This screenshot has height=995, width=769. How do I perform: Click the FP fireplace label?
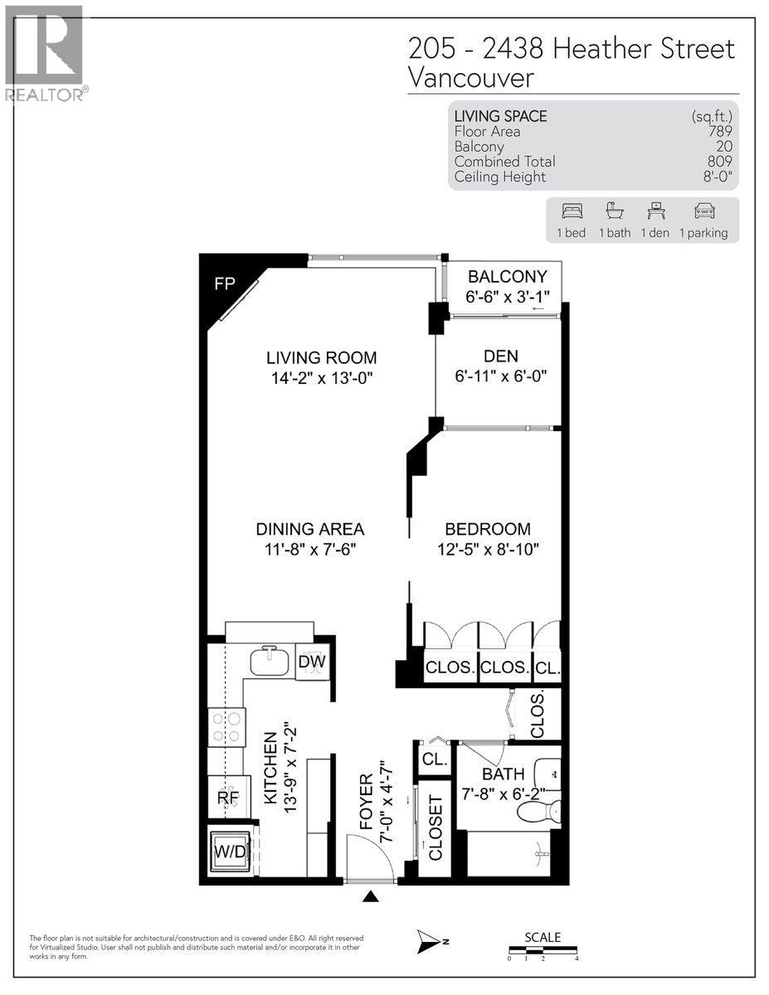[x=225, y=284]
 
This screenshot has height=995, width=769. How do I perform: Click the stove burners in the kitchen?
[x=226, y=727]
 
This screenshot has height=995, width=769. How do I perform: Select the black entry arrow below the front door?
[x=371, y=896]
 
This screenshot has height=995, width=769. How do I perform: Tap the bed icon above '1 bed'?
[x=571, y=211]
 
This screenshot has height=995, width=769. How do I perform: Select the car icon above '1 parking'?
[x=704, y=211]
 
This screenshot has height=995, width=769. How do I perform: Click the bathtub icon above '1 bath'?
[x=615, y=211]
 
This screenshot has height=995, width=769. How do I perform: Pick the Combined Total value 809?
[x=719, y=162]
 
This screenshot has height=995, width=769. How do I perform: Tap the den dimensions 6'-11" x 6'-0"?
[x=501, y=376]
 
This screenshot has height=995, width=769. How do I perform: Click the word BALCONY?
[x=507, y=277]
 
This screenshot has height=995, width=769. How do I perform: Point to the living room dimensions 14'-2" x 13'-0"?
[x=321, y=378]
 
